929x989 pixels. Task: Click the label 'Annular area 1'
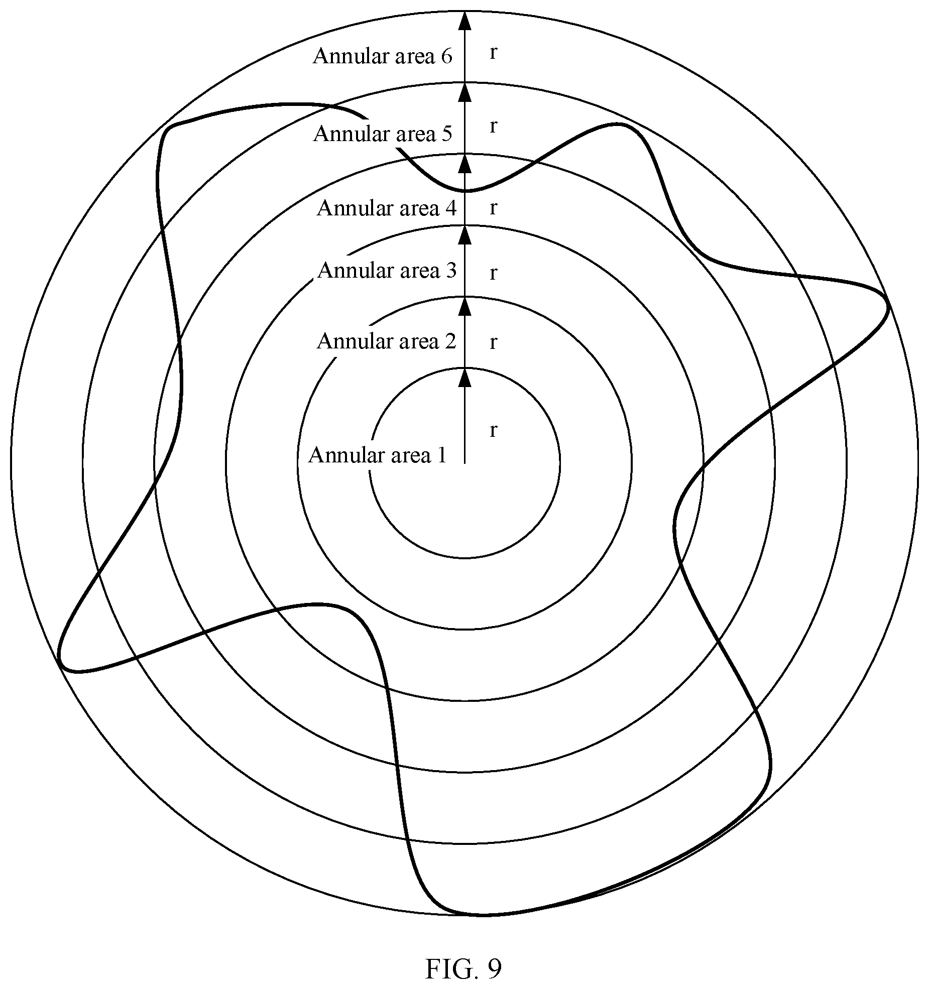pos(377,455)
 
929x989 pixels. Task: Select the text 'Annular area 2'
pos(387,341)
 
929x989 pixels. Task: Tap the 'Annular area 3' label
pos(387,270)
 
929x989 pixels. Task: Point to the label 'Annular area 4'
pos(387,208)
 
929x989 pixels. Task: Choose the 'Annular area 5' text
pos(383,134)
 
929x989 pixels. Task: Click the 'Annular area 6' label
pos(383,56)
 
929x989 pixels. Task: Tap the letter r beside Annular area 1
pos(493,430)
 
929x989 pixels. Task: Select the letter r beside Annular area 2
pos(493,342)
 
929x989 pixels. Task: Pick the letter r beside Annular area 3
pos(493,273)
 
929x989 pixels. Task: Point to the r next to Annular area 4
pos(493,207)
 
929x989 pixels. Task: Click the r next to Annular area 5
pos(493,127)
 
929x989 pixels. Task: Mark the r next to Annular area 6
pos(493,52)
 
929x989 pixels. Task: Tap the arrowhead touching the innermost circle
pos(465,378)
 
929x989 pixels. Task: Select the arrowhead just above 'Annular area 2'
pos(465,306)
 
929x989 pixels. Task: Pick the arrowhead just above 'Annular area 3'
pos(465,235)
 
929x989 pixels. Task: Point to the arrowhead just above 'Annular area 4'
pos(465,163)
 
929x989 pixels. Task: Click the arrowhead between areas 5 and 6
pos(465,92)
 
